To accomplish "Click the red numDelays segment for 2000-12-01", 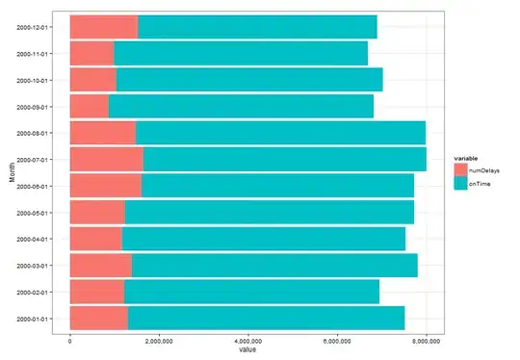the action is coord(104,27).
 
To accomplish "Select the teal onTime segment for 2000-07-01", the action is coord(285,160).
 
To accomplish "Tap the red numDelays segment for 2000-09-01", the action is coord(90,107).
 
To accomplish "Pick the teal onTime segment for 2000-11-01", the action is coord(241,53).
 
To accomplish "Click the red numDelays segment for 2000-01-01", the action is coord(99,319).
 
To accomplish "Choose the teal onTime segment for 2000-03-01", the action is coord(274,266).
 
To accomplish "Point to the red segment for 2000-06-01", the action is coord(106,186).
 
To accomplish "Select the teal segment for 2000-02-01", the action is coord(251,292).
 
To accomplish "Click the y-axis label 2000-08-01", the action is coord(32,133).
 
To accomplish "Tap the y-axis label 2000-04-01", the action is coord(32,239).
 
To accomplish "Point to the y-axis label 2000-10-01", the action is coord(32,81).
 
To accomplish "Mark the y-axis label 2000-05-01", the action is coord(32,213).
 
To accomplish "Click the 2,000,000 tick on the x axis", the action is coord(159,341).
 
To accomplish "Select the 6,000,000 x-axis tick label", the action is coord(337,341).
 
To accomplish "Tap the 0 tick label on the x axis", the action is coord(70,341).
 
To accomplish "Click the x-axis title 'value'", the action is coord(247,350).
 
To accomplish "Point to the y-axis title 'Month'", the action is coord(13,172).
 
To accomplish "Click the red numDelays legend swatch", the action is coord(460,170).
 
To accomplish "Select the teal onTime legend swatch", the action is coord(460,183).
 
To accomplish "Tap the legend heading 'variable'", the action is coord(466,159).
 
